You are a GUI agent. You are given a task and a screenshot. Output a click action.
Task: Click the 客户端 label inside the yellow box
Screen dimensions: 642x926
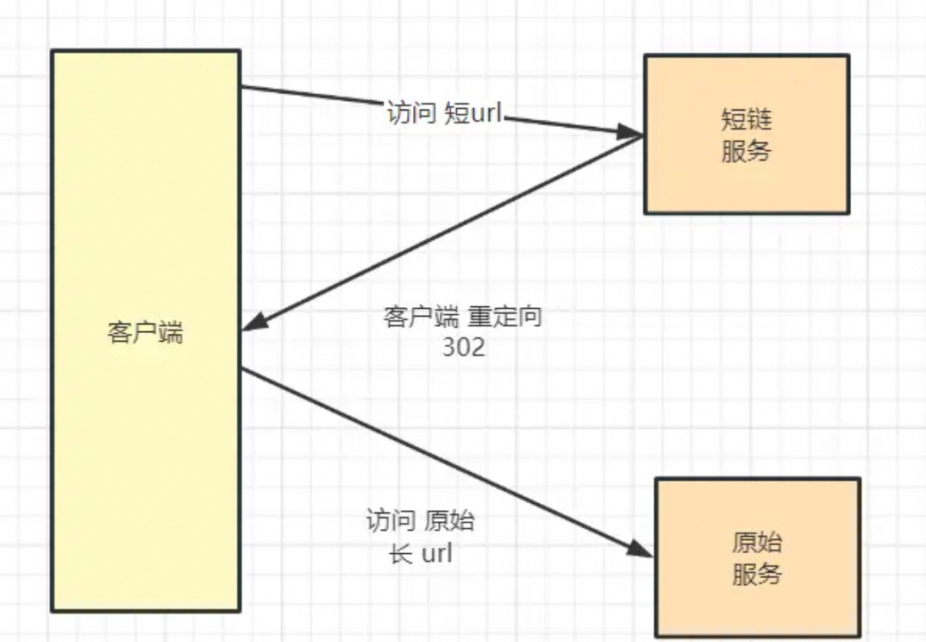(146, 333)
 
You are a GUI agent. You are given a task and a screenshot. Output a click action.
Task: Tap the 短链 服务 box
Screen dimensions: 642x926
(747, 135)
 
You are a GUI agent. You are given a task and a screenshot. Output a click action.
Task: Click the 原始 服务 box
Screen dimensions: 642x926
(757, 558)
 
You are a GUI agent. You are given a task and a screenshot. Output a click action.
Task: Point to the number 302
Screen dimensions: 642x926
(463, 347)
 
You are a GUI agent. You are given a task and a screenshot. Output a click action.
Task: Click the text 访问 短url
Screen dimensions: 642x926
(444, 114)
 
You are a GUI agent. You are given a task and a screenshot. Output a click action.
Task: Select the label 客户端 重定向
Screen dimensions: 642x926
(462, 317)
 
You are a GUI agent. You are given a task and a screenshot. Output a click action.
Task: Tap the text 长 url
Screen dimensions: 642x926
(421, 553)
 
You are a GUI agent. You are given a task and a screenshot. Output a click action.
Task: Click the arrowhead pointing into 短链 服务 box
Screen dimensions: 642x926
(633, 134)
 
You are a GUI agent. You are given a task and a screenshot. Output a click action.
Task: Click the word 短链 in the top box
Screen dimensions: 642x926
(747, 119)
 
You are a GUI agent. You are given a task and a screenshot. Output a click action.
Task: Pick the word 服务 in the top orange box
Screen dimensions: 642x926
(747, 151)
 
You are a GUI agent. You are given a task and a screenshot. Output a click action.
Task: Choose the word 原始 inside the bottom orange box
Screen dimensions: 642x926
(757, 543)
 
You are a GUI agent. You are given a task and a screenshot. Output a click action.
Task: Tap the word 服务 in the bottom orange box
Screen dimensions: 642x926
(757, 575)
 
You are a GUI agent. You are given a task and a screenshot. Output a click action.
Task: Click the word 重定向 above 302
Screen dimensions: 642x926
(505, 317)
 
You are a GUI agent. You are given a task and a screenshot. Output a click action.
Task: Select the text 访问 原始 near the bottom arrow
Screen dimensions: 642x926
(421, 522)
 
